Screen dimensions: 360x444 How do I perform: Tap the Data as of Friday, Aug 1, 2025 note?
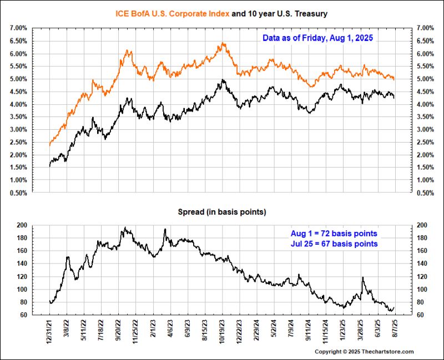pos(317,38)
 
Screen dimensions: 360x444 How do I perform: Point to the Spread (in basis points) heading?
pos(221,212)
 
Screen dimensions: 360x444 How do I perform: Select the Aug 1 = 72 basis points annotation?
pos(335,234)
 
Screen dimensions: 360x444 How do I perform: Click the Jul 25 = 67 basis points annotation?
pos(335,244)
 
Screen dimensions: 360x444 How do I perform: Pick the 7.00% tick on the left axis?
pos(18,28)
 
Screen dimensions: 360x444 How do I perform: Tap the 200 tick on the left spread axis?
pos(22,225)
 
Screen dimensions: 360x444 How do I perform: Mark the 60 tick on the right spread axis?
pos(421,315)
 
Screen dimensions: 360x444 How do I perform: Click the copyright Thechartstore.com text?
pos(364,352)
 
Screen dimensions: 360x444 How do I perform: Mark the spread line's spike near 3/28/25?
pos(362,277)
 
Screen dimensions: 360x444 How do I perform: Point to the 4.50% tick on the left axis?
pos(18,92)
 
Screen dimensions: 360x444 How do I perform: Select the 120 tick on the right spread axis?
pos(421,276)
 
